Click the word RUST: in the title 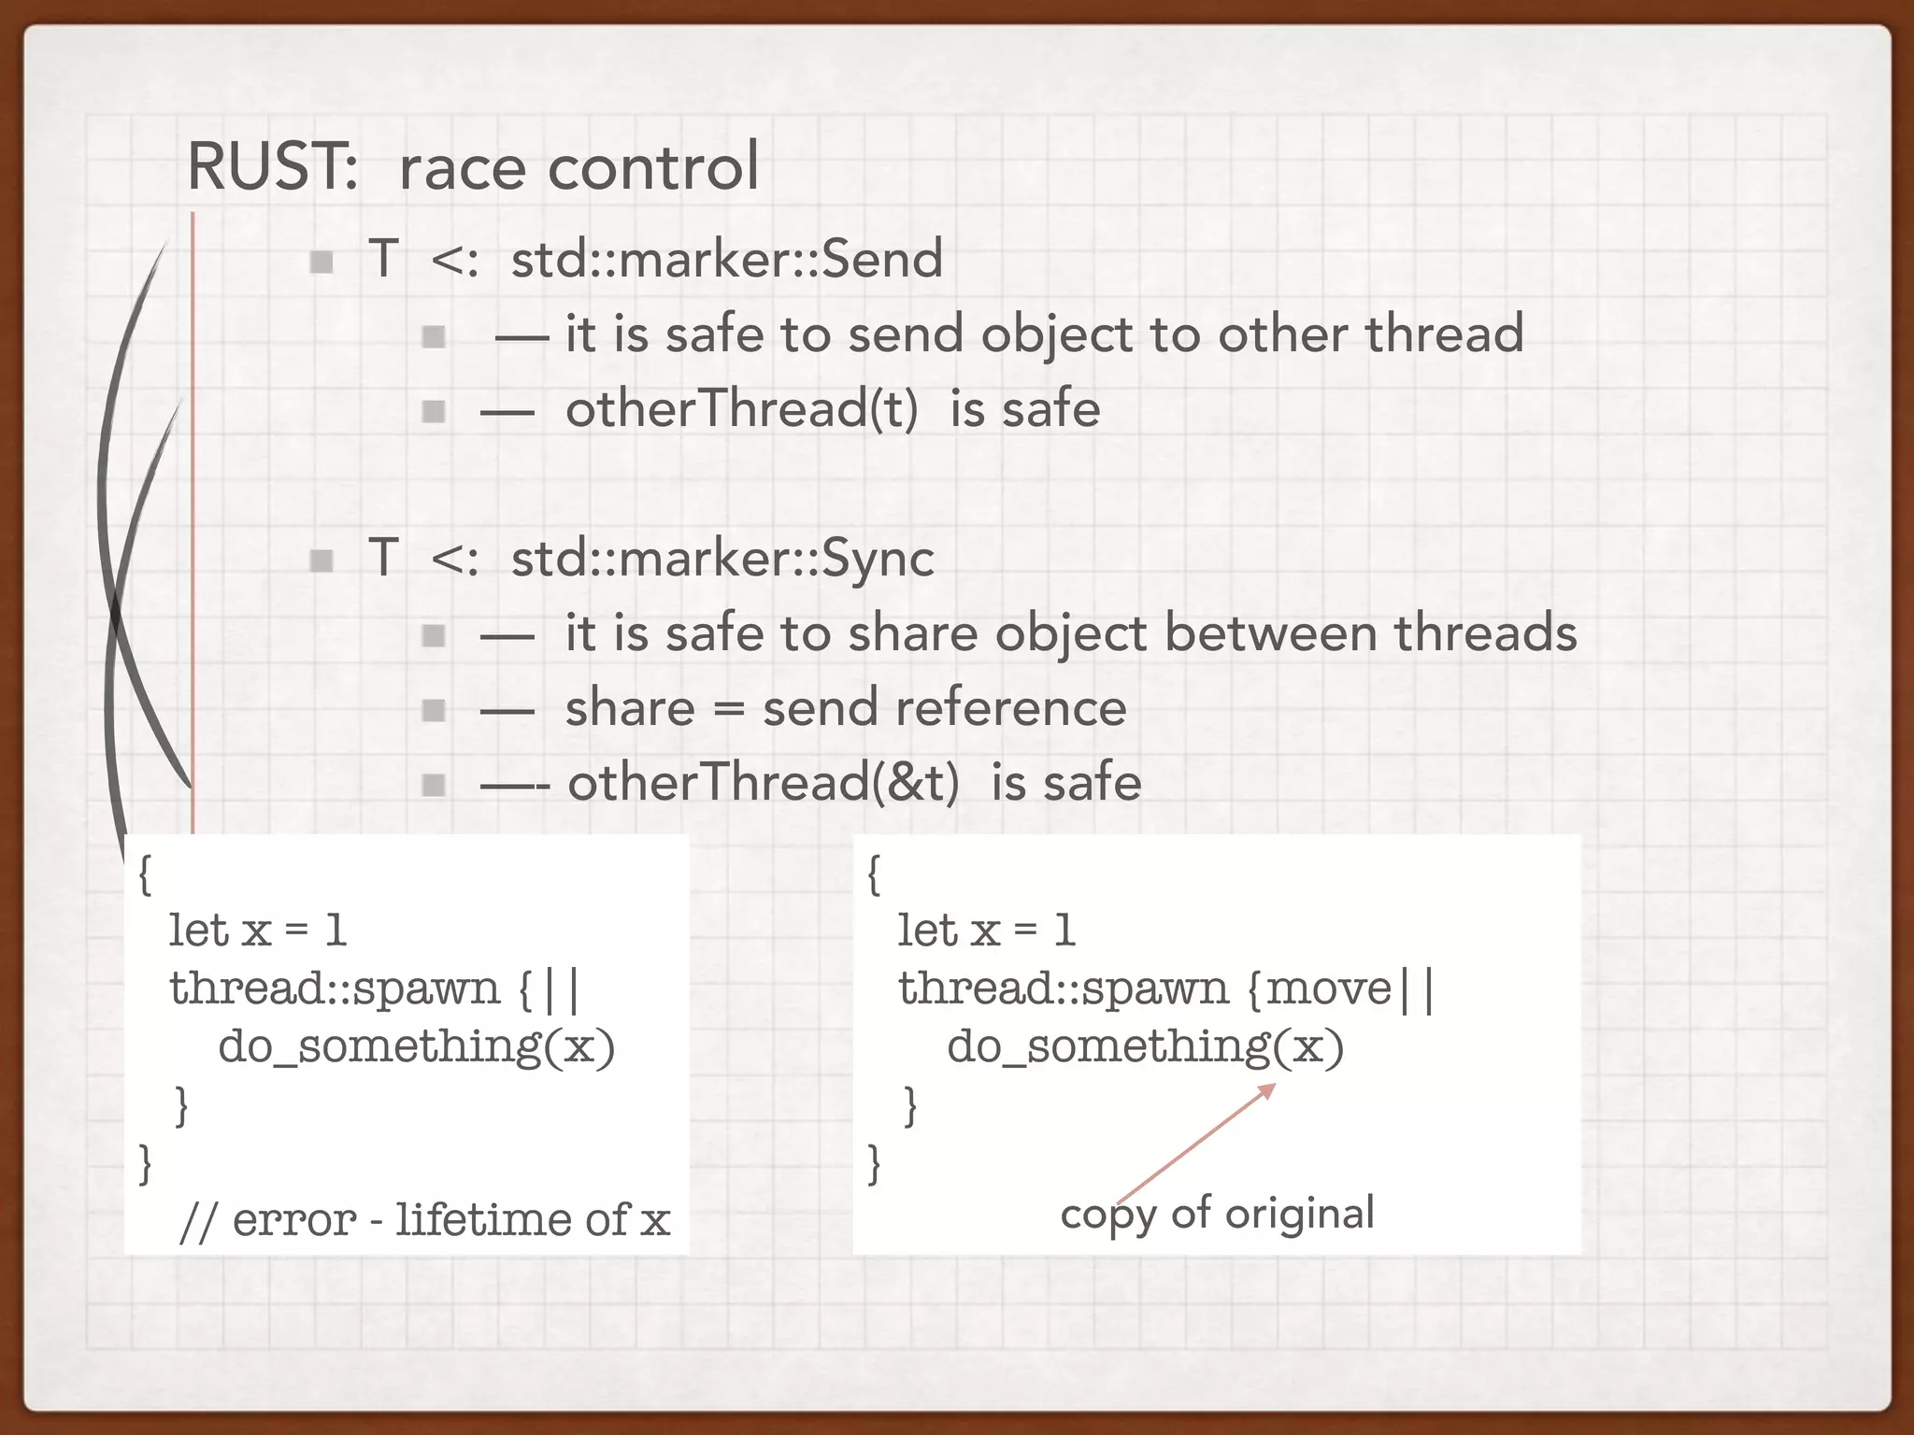(272, 166)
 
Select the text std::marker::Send (726, 258)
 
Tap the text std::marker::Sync (721, 558)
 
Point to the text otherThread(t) (742, 409)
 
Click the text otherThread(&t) (764, 782)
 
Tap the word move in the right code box (1329, 987)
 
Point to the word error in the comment (293, 1219)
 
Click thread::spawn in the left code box (335, 987)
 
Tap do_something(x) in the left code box (416, 1045)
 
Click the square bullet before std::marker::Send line (321, 261)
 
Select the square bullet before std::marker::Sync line (321, 561)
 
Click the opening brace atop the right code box (874, 874)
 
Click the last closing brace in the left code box (145, 1163)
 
